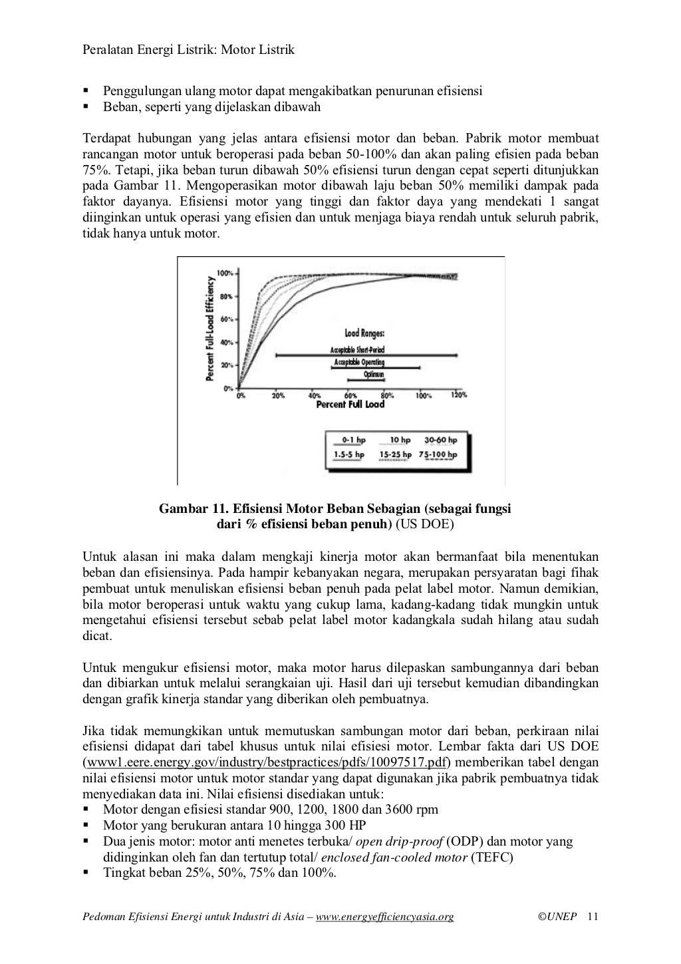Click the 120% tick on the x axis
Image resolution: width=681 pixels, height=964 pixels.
458,395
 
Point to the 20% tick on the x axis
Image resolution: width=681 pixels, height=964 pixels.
278,395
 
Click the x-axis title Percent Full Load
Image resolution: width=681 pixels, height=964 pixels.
350,404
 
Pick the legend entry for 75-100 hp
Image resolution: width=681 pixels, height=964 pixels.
438,455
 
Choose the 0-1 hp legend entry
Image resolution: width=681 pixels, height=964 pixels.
353,440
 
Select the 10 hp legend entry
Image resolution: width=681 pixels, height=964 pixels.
399,440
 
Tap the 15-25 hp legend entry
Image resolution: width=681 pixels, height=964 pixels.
395,455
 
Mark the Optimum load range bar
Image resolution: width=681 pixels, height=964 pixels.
373,379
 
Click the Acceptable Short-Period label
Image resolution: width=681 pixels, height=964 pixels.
357,350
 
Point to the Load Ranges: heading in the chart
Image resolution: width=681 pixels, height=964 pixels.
364,334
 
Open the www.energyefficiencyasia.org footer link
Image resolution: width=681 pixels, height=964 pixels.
384,917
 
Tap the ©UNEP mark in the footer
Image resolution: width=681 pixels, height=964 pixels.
557,917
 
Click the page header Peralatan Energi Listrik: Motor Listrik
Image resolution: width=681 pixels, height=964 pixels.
188,50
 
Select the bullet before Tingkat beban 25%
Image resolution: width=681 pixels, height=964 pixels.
86,872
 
